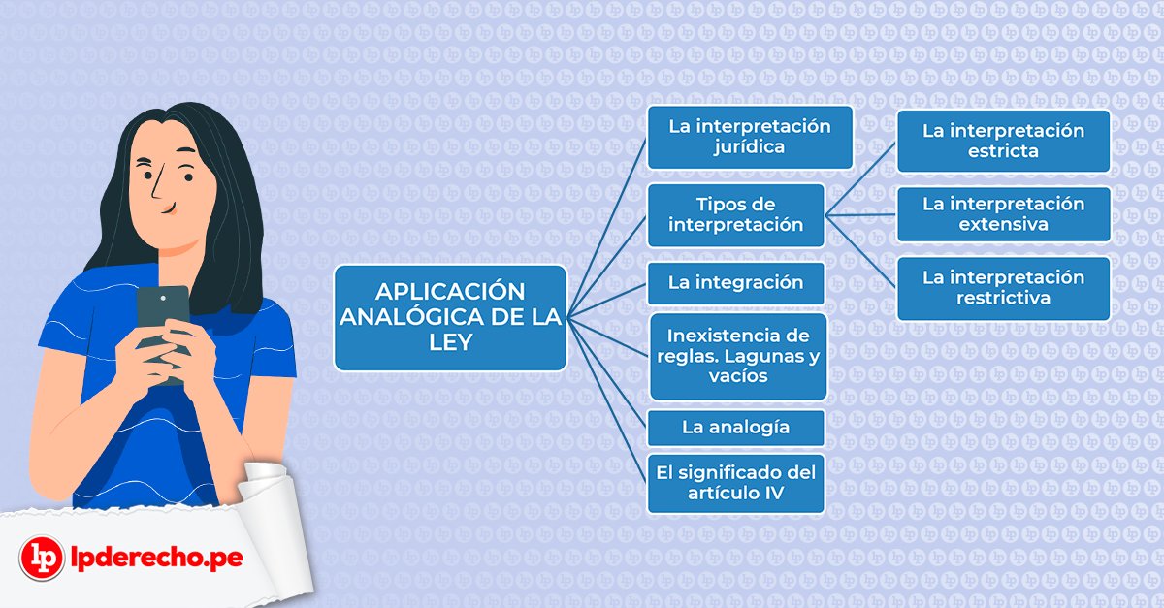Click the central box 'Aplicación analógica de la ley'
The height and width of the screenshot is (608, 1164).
450,317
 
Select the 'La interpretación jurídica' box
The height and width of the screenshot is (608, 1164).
750,137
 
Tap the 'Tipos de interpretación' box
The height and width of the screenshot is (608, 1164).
736,215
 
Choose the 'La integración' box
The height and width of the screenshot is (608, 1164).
736,283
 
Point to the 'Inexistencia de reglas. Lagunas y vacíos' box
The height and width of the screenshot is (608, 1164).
738,357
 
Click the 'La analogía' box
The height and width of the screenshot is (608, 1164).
736,428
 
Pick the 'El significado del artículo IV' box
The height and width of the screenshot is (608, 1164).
736,483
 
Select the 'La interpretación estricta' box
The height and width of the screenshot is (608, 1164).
1003,141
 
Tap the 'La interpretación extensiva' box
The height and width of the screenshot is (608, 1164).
1003,214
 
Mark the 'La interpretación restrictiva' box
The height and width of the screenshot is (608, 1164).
1003,288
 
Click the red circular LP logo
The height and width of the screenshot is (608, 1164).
42,558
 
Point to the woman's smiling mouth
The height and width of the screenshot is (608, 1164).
170,208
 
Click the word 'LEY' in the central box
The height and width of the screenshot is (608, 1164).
450,342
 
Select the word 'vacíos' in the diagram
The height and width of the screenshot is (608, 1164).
738,375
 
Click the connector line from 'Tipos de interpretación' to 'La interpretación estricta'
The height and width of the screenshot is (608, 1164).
860,179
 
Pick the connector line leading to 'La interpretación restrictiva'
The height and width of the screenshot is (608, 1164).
860,251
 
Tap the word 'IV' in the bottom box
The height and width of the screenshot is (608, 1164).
774,493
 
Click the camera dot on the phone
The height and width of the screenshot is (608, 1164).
163,298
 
